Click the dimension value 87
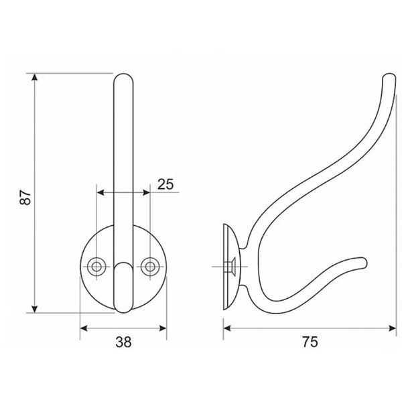click(25, 198)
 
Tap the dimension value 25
click(165, 184)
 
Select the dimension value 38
click(123, 342)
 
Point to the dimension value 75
click(310, 342)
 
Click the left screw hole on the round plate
click(96, 267)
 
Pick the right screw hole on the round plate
click(150, 267)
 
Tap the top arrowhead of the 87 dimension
click(35, 77)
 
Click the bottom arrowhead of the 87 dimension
click(35, 309)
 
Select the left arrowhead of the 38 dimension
click(84, 328)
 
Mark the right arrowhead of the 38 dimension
click(163, 328)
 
